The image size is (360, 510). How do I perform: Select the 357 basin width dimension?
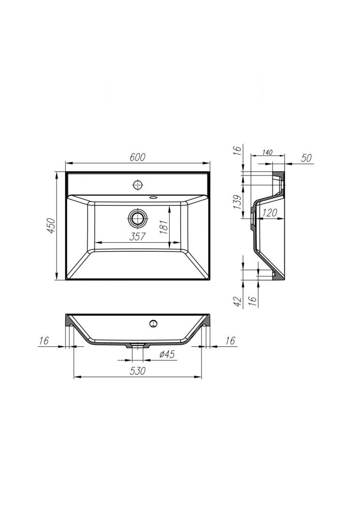(137, 237)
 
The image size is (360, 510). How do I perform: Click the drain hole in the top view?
(139, 218)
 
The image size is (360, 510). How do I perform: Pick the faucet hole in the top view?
(139, 185)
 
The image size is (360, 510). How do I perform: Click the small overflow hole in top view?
(153, 197)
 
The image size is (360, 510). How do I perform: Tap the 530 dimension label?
(138, 370)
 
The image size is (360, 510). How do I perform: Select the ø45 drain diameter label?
(167, 354)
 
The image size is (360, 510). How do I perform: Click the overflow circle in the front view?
(153, 323)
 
